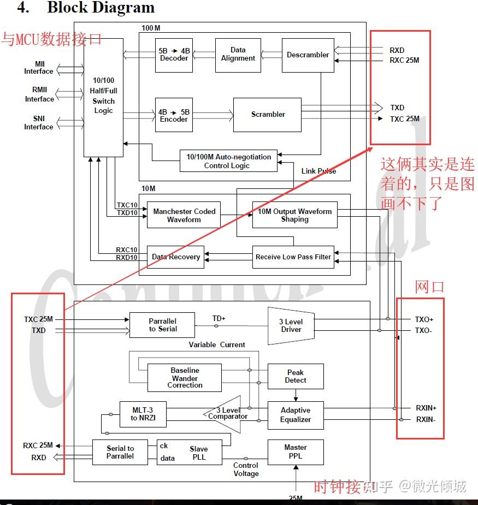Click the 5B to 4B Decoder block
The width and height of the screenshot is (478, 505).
(x=174, y=55)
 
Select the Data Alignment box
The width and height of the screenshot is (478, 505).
(x=238, y=55)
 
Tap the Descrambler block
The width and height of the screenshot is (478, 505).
(x=308, y=55)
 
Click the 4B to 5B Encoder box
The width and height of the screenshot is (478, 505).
(x=174, y=115)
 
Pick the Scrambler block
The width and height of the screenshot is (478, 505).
(x=267, y=115)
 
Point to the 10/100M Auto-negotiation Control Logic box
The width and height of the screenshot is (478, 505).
(x=228, y=161)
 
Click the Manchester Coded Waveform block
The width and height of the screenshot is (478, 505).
(x=184, y=216)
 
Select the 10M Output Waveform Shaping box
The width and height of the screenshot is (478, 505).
(x=294, y=215)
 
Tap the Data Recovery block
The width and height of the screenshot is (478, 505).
(x=175, y=257)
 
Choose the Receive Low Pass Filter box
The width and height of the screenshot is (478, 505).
(x=293, y=257)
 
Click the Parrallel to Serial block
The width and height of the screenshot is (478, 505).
(x=162, y=325)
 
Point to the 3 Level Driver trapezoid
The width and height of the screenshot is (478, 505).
(x=291, y=325)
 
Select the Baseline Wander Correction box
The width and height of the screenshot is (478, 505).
(x=185, y=378)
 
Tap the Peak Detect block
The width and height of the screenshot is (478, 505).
(x=295, y=376)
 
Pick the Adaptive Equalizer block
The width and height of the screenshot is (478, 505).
(x=295, y=415)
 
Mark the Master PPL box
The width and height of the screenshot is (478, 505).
(x=295, y=451)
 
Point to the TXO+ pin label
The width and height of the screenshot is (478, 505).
(x=424, y=319)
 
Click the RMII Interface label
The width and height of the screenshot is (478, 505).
(x=39, y=94)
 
